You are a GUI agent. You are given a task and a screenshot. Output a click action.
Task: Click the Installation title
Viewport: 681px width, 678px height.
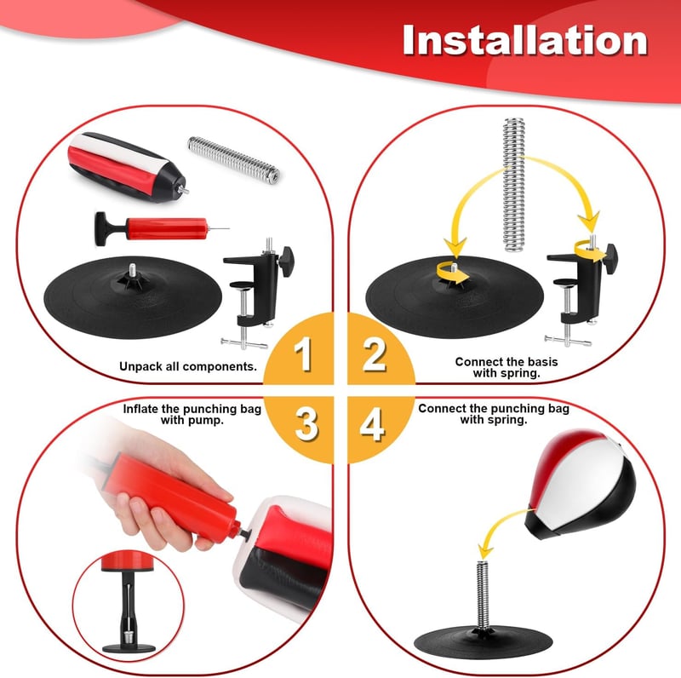click(525, 40)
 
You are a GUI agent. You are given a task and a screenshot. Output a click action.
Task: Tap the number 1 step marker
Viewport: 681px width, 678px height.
click(303, 353)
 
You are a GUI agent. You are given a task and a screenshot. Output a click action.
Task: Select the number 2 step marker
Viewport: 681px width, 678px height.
click(375, 353)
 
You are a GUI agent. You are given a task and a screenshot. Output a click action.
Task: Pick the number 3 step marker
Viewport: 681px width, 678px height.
click(306, 424)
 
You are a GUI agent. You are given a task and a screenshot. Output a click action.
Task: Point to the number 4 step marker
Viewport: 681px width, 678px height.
click(372, 424)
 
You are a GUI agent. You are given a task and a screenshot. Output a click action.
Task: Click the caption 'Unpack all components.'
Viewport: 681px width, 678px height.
click(188, 366)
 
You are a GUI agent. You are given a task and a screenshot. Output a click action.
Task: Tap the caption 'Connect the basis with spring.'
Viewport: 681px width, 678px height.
click(506, 367)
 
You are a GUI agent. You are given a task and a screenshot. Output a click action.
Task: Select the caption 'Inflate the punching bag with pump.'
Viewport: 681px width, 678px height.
click(192, 414)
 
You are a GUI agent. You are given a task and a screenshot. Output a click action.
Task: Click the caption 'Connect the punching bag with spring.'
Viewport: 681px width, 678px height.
click(494, 414)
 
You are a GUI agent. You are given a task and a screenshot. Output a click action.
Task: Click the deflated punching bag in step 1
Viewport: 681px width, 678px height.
click(126, 167)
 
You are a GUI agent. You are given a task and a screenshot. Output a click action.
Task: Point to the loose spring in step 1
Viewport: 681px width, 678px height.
click(233, 158)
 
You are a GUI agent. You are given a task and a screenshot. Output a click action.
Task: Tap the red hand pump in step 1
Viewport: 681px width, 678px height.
click(162, 228)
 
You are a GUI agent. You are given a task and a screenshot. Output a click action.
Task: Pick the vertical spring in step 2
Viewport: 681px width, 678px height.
click(514, 185)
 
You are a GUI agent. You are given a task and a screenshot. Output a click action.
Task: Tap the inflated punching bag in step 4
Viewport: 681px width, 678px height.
click(581, 485)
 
